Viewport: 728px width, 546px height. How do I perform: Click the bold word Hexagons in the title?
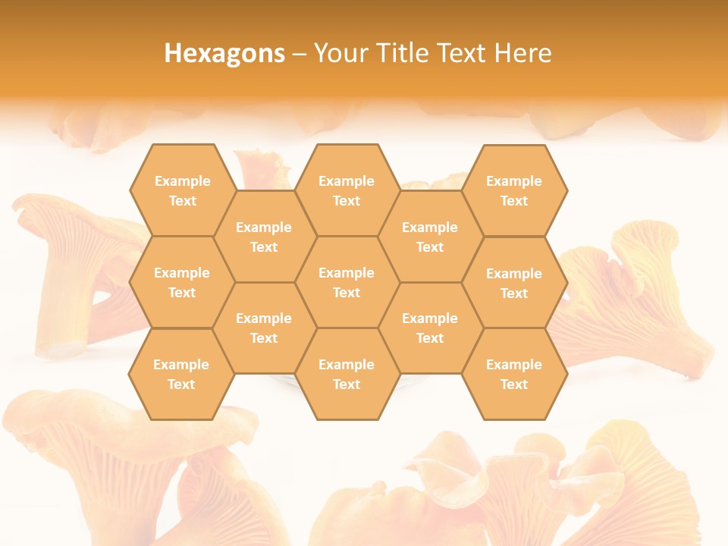pyautogui.click(x=224, y=53)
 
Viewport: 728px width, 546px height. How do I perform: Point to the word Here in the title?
pyautogui.click(x=523, y=53)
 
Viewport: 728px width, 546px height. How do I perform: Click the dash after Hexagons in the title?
pyautogui.click(x=300, y=54)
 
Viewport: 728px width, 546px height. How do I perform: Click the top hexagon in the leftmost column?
pyautogui.click(x=182, y=190)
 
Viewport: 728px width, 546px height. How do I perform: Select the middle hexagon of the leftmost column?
pyautogui.click(x=182, y=282)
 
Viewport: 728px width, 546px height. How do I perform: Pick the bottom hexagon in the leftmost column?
pyautogui.click(x=181, y=374)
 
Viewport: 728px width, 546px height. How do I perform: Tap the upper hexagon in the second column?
pyautogui.click(x=264, y=237)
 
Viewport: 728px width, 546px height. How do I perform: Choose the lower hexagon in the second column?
pyautogui.click(x=264, y=328)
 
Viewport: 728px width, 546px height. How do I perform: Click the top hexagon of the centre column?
pyautogui.click(x=347, y=190)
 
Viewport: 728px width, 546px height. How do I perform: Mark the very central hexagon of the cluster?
pyautogui.click(x=347, y=282)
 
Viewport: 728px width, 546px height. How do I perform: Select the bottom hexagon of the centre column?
pyautogui.click(x=347, y=374)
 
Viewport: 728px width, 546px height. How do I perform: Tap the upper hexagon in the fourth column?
pyautogui.click(x=430, y=237)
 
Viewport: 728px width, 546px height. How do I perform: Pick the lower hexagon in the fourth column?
pyautogui.click(x=430, y=328)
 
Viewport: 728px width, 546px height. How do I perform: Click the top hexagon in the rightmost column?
pyautogui.click(x=514, y=190)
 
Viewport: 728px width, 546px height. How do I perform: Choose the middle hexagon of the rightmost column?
pyautogui.click(x=514, y=283)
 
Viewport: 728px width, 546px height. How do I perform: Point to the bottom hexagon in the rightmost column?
pyautogui.click(x=514, y=374)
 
